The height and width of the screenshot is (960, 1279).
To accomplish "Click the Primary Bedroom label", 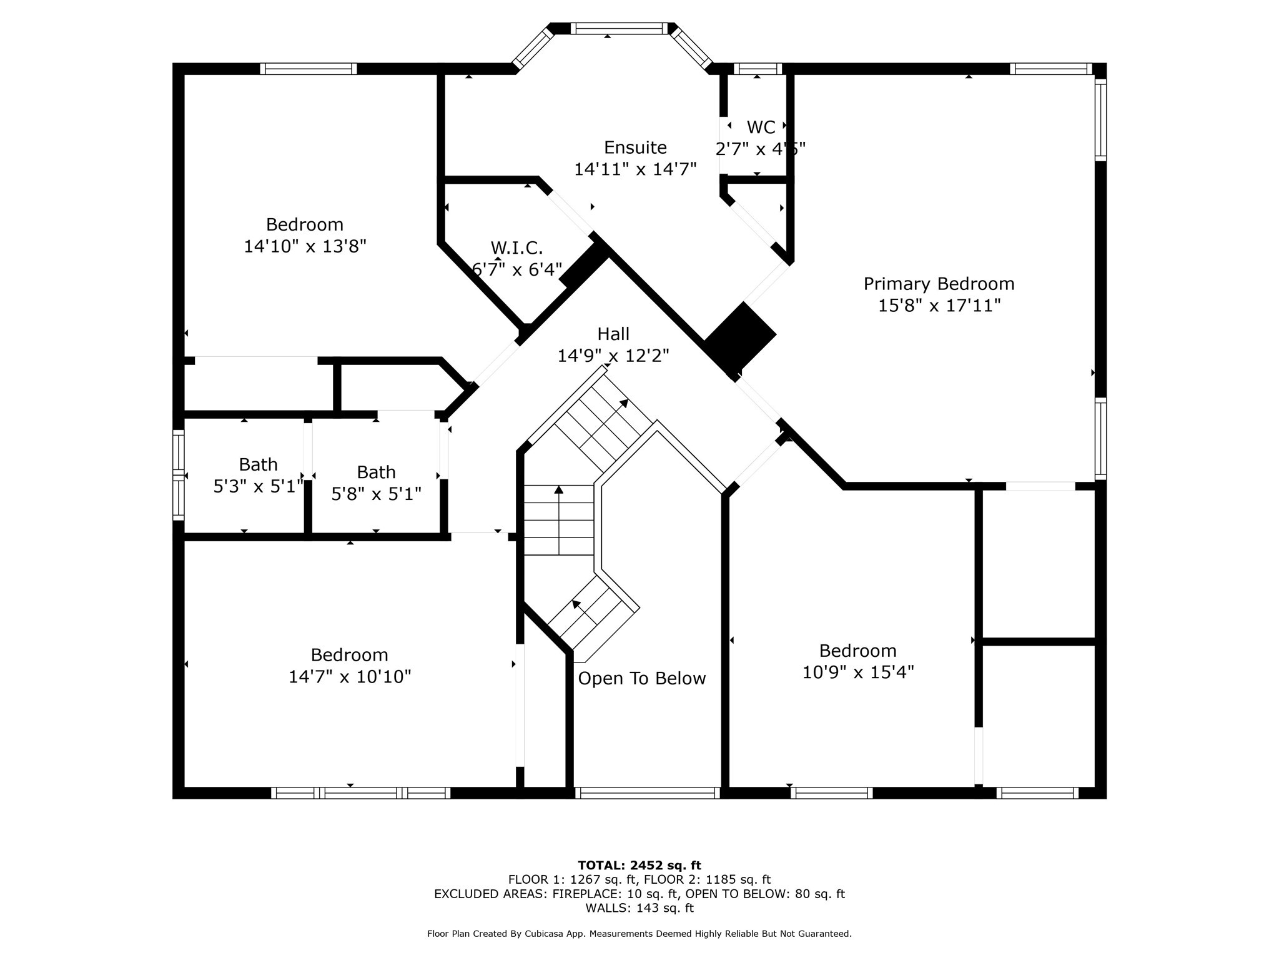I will click(938, 284).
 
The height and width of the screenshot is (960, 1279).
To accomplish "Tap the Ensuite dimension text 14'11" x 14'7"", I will click(635, 169).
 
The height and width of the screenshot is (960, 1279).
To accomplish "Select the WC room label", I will click(761, 127).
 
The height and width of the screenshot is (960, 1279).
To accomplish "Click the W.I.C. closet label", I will click(516, 248).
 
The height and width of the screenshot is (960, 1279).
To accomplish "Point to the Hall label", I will click(613, 334).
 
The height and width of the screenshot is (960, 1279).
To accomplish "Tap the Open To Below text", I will click(641, 679).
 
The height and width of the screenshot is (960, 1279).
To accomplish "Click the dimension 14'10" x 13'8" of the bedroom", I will click(304, 246).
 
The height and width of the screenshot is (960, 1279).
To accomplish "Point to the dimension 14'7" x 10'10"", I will click(349, 677).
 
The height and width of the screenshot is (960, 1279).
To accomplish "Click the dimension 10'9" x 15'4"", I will click(857, 672).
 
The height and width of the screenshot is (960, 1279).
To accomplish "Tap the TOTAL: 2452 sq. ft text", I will click(639, 866).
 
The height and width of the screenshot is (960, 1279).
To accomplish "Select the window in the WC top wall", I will click(757, 69).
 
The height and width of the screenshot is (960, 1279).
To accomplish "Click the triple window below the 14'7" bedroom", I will click(360, 793).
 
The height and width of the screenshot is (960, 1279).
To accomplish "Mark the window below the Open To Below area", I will click(647, 793).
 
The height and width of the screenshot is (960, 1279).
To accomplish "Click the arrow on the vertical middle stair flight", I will click(558, 491).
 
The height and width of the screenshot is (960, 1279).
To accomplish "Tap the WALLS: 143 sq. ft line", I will click(639, 908).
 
